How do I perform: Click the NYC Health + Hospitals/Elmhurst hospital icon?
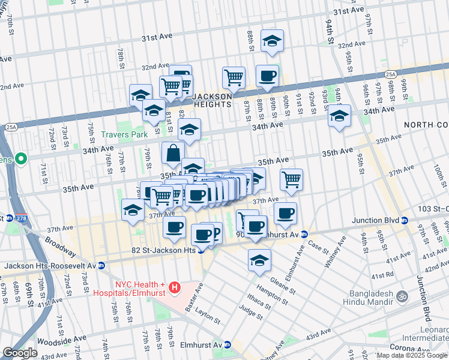click(175, 288)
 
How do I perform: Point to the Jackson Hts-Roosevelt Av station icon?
click(101, 265)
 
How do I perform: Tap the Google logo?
click(20, 353)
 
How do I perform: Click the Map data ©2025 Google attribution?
click(412, 355)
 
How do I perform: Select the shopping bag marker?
click(173, 154)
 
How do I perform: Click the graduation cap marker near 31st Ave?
click(272, 41)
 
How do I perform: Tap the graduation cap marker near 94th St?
click(339, 116)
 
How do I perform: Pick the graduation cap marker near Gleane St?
click(259, 260)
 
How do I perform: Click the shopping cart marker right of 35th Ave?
click(291, 178)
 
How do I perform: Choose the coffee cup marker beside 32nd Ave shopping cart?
click(267, 76)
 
